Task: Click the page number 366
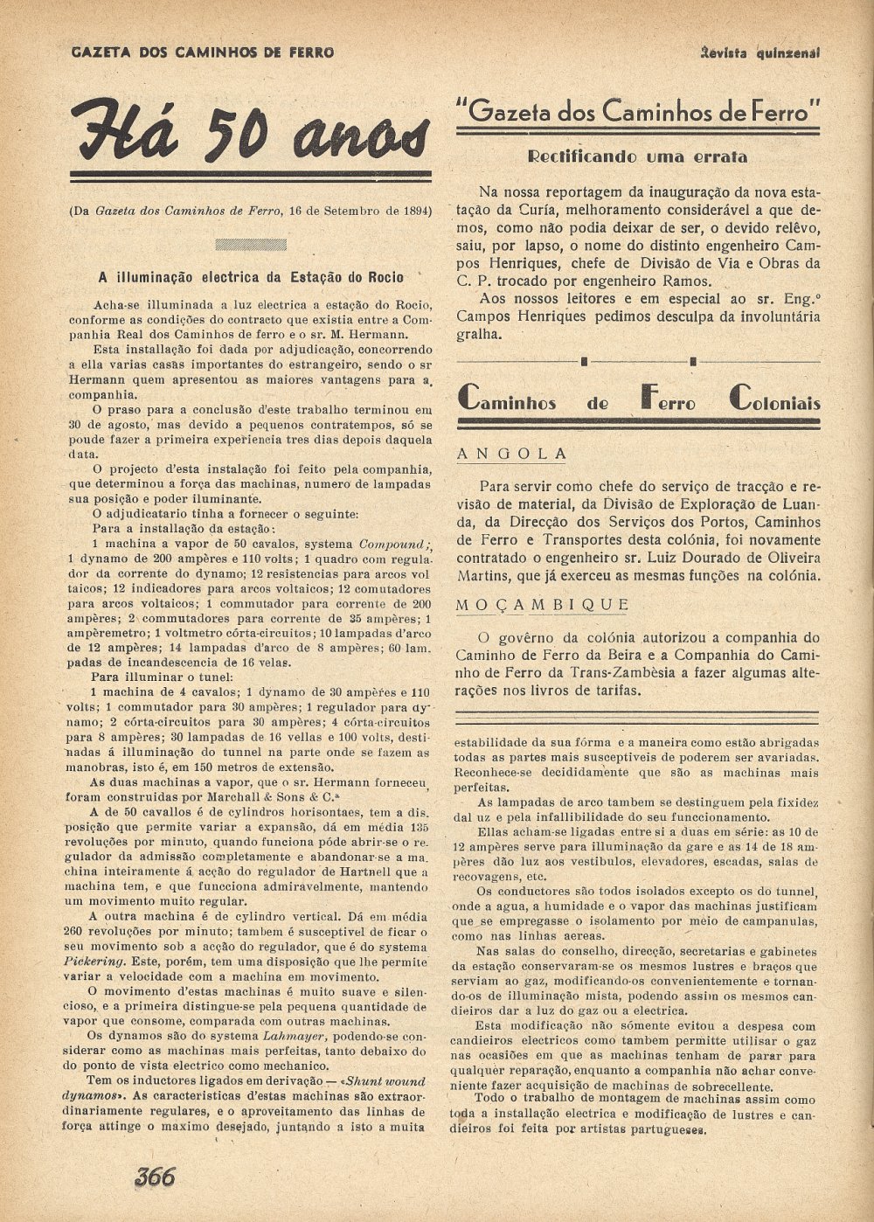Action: [155, 1177]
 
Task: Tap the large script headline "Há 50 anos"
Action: [250, 131]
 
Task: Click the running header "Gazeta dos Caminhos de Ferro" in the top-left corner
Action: [202, 52]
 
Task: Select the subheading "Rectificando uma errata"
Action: [637, 157]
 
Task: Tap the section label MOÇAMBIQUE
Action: [542, 605]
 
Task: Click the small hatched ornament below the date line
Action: [250, 245]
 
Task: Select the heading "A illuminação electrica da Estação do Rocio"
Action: [251, 278]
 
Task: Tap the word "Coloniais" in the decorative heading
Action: [774, 402]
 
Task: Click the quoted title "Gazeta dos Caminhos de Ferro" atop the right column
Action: [637, 111]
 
